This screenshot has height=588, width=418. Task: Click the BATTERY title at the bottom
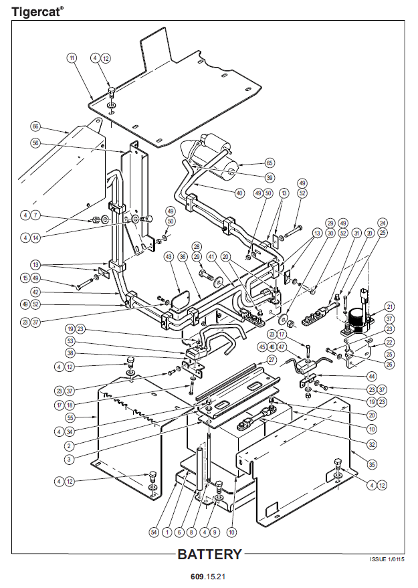click(x=209, y=555)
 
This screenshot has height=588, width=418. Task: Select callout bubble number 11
click(x=72, y=58)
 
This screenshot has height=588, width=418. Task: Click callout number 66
click(x=35, y=126)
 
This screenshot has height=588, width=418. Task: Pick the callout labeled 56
click(x=35, y=143)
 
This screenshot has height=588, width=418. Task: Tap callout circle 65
click(x=270, y=163)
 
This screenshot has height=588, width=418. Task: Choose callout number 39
click(x=270, y=177)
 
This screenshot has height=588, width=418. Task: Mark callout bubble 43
click(x=169, y=256)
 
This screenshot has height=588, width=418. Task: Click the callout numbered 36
click(x=183, y=256)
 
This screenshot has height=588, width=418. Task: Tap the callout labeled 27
click(x=271, y=360)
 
